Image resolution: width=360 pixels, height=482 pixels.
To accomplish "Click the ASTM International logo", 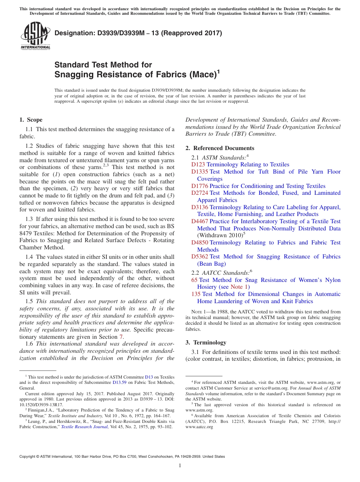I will coord(35,36).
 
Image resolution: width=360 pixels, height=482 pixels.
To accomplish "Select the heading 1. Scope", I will coord(31,120).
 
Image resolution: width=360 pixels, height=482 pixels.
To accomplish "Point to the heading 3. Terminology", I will coord(206,343).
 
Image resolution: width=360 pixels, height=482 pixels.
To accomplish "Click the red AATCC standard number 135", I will coord(196,294).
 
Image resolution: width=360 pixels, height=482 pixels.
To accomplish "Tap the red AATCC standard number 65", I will coord(194,280).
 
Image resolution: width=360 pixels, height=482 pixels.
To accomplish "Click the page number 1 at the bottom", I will coord(180,465).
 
